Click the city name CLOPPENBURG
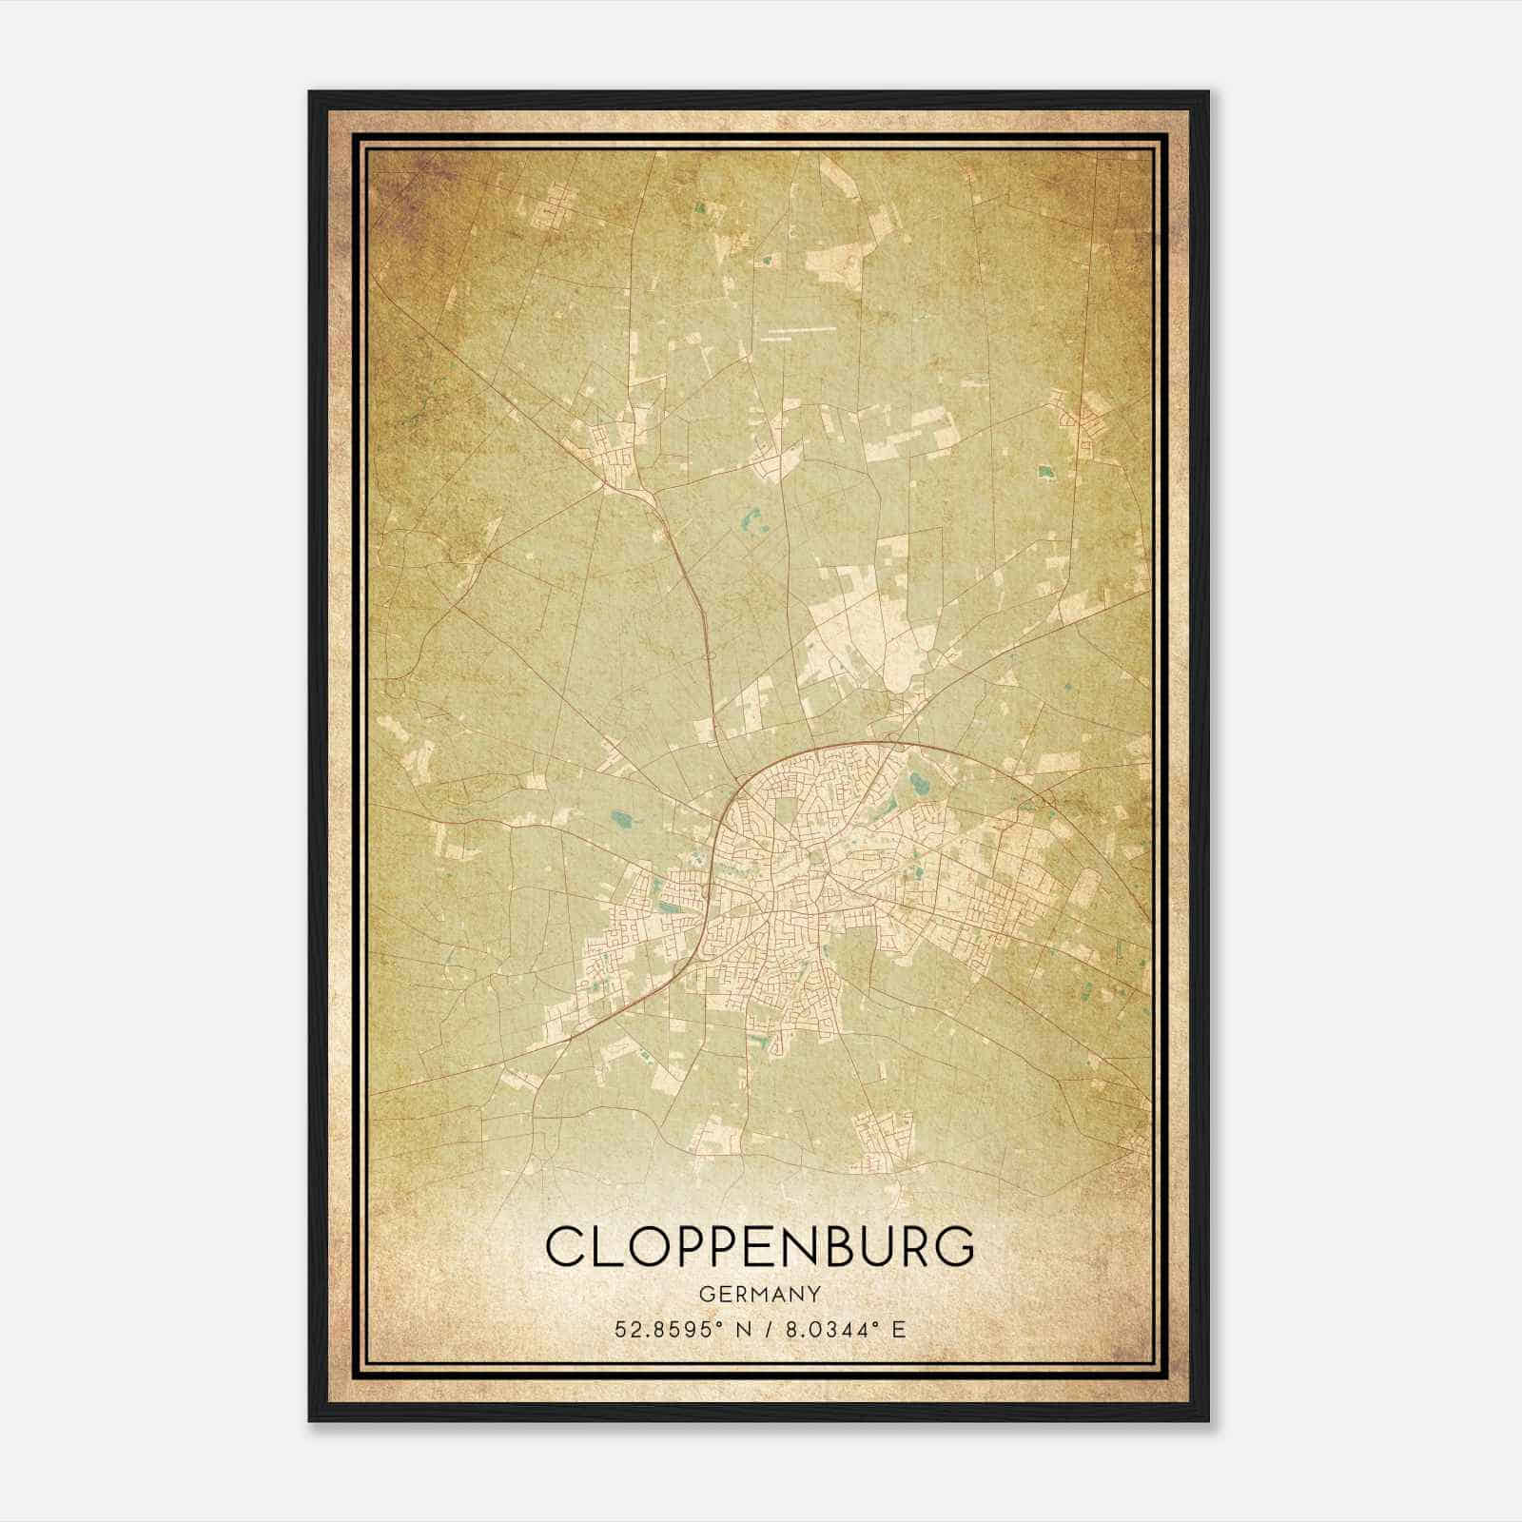[760, 1246]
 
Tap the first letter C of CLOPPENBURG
[564, 1246]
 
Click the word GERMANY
[760, 1294]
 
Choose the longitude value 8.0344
[823, 1329]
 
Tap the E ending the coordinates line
[899, 1329]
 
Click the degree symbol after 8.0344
[872, 1323]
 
